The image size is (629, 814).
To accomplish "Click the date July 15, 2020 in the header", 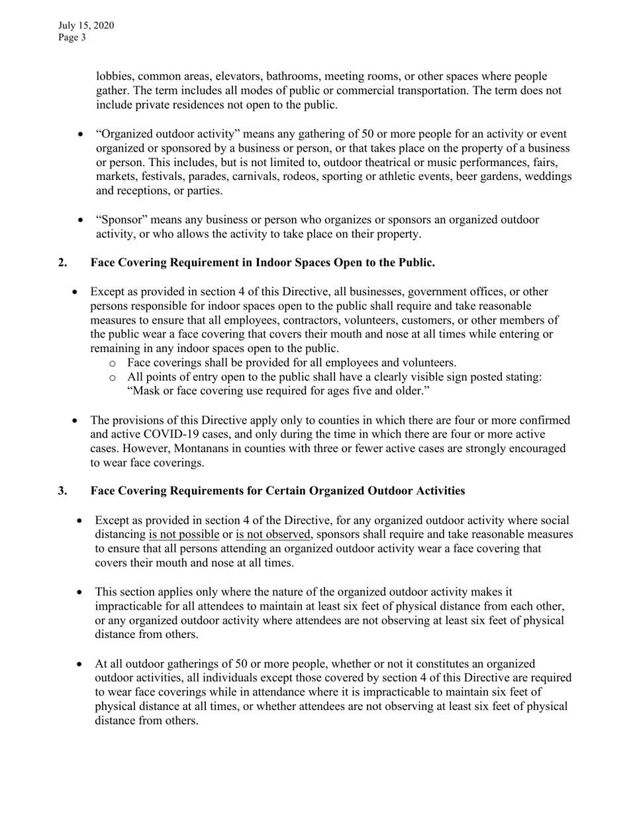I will (x=86, y=26).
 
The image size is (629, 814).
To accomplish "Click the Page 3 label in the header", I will (x=72, y=38).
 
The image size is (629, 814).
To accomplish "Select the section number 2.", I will (x=62, y=263).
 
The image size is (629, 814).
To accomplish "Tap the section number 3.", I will (x=62, y=491).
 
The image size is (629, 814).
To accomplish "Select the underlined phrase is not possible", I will (x=183, y=534).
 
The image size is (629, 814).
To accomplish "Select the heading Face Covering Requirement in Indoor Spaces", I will (x=262, y=263).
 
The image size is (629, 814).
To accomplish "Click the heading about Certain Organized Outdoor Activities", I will (x=277, y=491).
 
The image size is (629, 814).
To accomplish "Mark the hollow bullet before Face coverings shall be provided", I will (x=113, y=363).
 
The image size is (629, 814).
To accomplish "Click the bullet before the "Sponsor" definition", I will (x=81, y=220).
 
